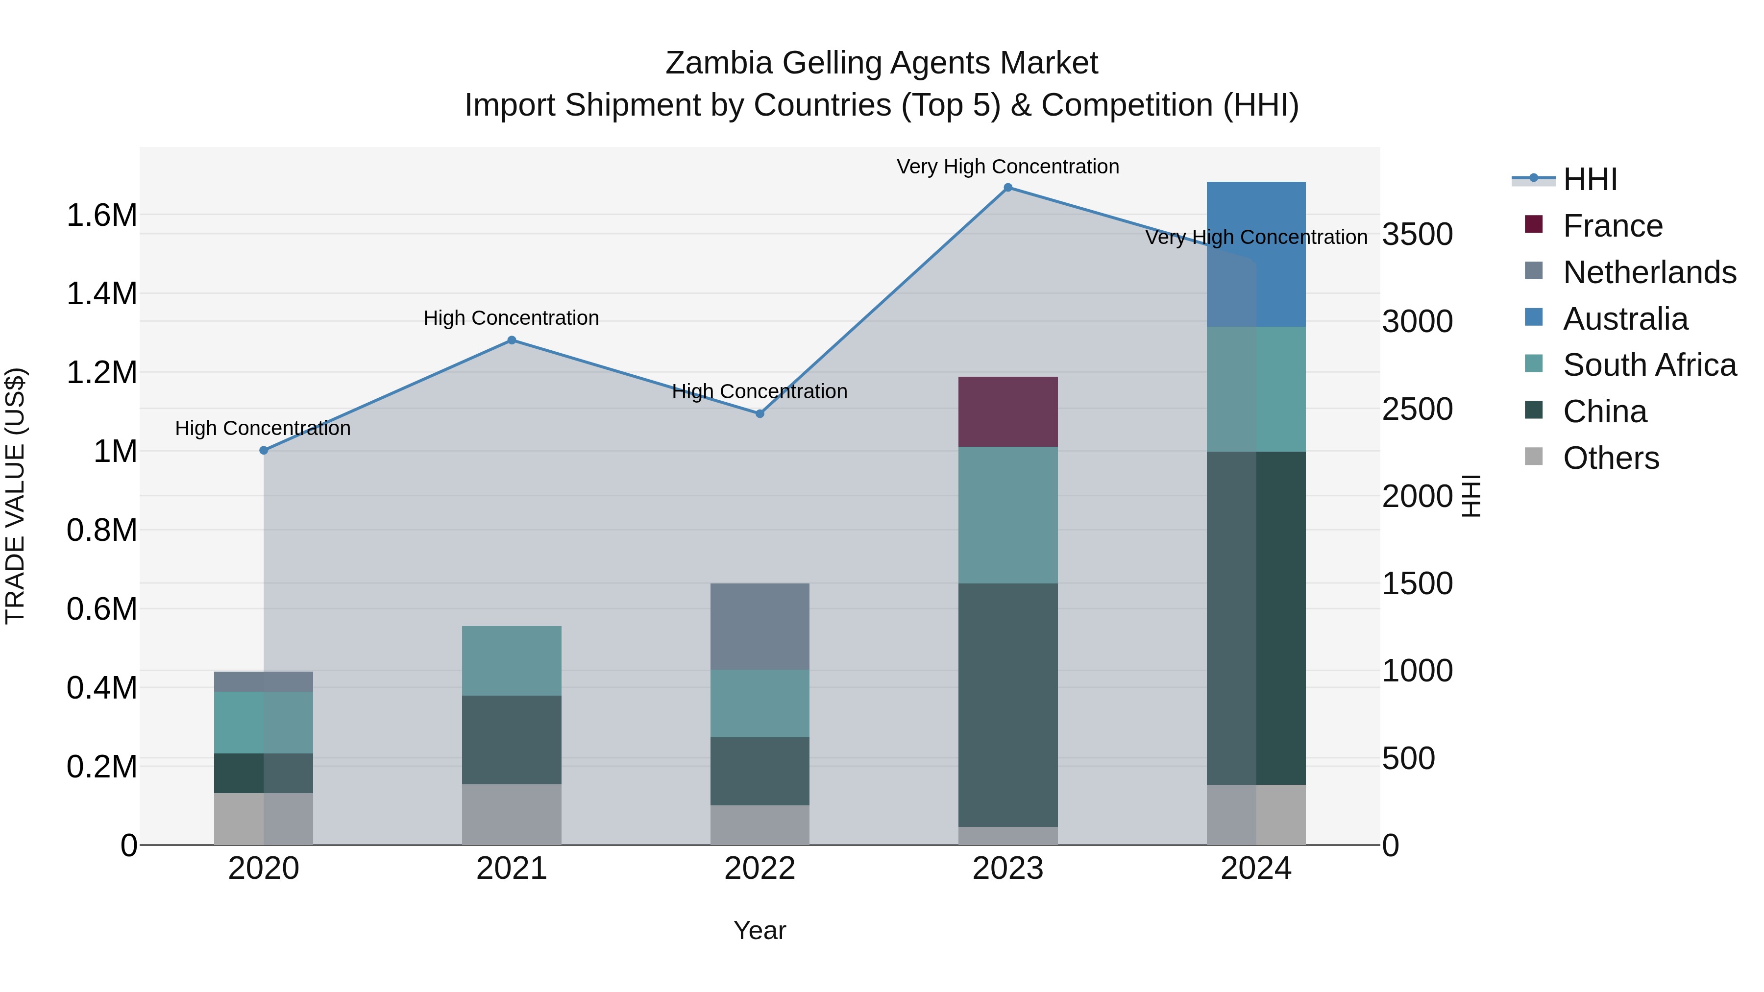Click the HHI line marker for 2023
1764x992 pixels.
coord(1007,188)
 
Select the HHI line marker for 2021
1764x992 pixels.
coord(512,340)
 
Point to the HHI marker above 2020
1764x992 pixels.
coord(264,451)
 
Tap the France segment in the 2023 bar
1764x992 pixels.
coord(1007,411)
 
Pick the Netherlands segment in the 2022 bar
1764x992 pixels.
coord(759,627)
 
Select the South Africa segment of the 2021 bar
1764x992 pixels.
coord(512,661)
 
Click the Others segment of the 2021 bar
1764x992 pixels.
coord(512,815)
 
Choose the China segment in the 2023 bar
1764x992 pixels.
coord(1007,705)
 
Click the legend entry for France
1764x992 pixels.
coord(1612,226)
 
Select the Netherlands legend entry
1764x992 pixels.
coord(1649,272)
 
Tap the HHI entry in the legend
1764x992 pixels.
coord(1590,179)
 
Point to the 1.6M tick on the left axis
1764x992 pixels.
coord(101,216)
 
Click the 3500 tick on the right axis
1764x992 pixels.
coord(1417,234)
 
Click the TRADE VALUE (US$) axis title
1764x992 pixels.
coord(15,496)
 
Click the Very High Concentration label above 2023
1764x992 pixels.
coord(1007,167)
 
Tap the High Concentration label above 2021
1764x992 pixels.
coord(511,318)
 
